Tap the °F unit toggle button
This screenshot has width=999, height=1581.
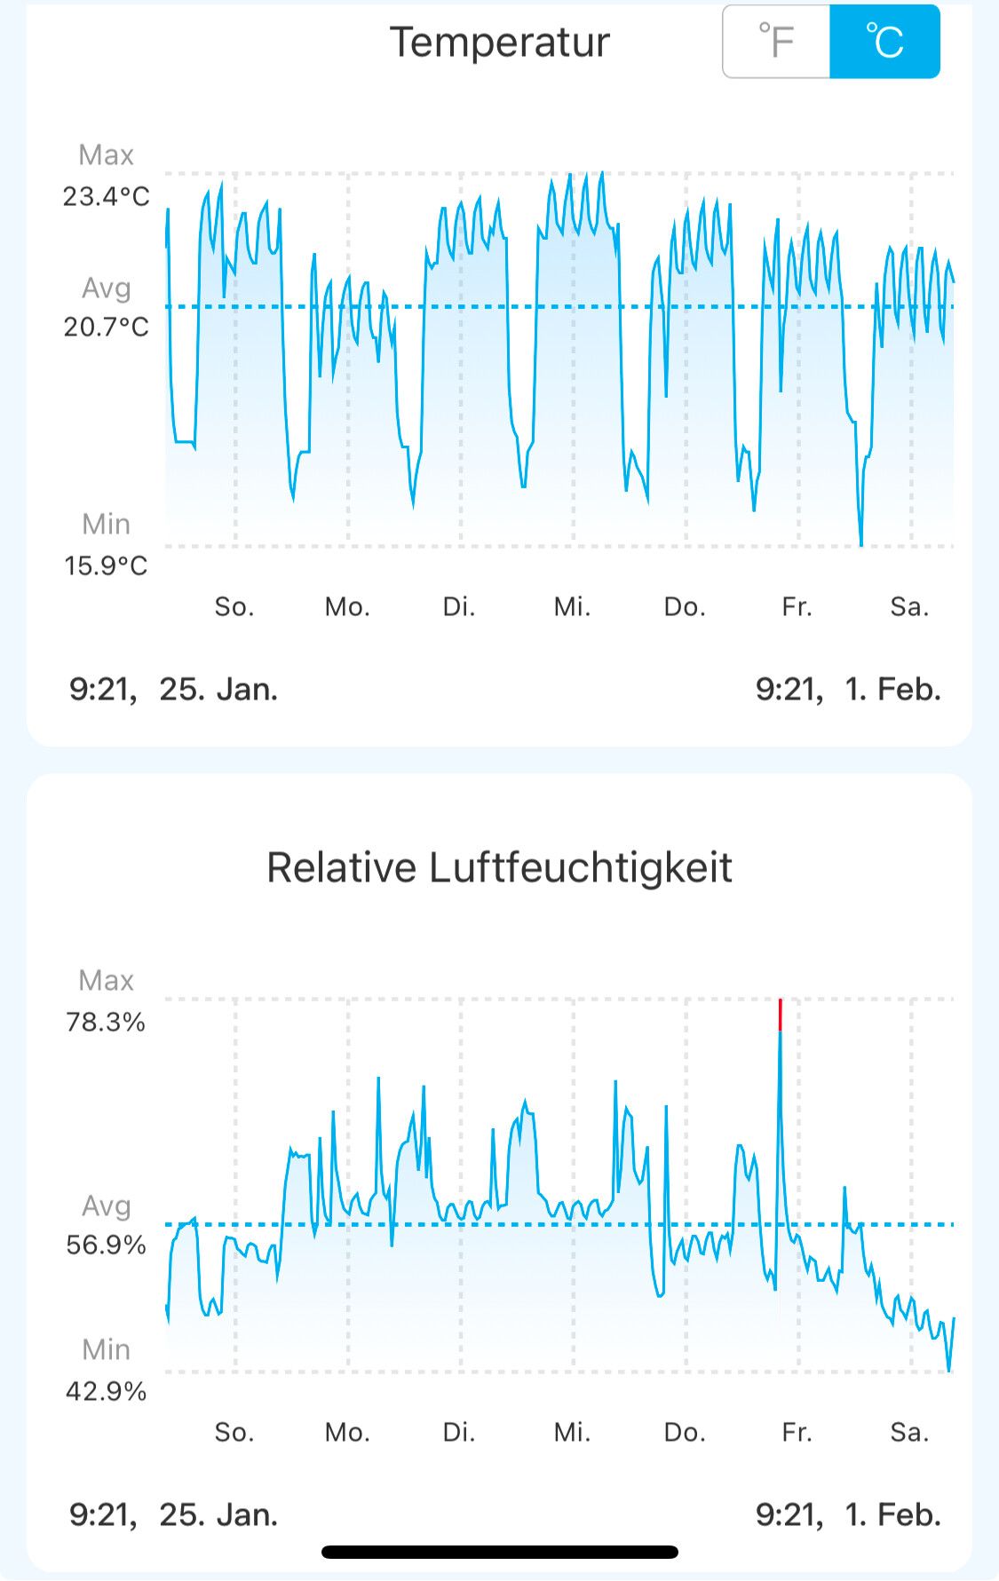(x=777, y=42)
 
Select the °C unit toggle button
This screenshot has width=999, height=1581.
(x=884, y=42)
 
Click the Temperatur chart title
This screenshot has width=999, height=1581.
(x=500, y=43)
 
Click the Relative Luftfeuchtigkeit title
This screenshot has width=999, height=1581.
(x=500, y=867)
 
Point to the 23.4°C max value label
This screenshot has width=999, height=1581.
(x=107, y=196)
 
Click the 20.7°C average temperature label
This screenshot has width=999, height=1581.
(x=107, y=328)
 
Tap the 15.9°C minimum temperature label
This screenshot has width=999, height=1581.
(x=106, y=565)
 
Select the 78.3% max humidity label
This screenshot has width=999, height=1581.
(x=106, y=1022)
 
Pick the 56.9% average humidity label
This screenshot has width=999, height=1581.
(x=106, y=1245)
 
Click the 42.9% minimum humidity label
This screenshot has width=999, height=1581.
(x=106, y=1391)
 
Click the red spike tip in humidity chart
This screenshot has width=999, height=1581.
(x=781, y=1000)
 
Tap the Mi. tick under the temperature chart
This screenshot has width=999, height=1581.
(x=572, y=607)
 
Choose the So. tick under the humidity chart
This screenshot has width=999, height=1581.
(x=234, y=1433)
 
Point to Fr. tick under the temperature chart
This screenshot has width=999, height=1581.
(x=797, y=607)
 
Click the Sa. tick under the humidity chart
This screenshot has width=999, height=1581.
(x=909, y=1433)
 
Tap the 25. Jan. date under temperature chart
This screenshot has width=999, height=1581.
(x=218, y=690)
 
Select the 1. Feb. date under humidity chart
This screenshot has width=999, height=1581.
(x=892, y=1515)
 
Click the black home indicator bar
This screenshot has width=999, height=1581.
(x=500, y=1552)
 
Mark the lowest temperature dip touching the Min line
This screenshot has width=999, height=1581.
(x=861, y=544)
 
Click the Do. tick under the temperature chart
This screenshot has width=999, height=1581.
(x=685, y=607)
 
